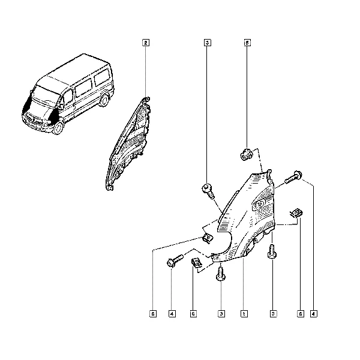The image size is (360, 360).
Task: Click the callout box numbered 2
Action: click(146, 43)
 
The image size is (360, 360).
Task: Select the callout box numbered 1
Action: click(244, 314)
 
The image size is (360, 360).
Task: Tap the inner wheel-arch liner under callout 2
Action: click(128, 144)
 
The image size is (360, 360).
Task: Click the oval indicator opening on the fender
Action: click(259, 204)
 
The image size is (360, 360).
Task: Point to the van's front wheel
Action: click(58, 127)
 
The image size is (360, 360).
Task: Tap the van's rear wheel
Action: click(104, 100)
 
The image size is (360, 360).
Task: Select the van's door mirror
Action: click(61, 106)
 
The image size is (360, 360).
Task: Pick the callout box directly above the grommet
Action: click(247, 43)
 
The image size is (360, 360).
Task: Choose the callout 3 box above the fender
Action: click(208, 43)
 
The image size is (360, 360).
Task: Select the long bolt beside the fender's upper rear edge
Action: click(293, 177)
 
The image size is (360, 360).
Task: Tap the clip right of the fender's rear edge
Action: click(296, 213)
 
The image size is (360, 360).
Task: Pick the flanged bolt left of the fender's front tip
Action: click(175, 260)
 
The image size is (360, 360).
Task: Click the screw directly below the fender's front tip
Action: click(221, 273)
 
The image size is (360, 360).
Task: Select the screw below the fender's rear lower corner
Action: click(272, 251)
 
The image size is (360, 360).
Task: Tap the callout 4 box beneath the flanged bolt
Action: click(172, 314)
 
